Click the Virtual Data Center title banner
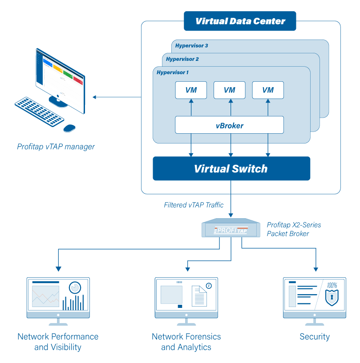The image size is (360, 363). click(x=240, y=21)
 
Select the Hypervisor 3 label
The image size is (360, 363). click(x=191, y=46)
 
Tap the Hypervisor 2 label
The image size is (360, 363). click(x=182, y=59)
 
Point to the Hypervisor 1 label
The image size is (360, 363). click(x=173, y=72)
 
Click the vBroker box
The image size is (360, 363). click(x=229, y=125)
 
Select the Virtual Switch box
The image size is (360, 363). click(x=231, y=169)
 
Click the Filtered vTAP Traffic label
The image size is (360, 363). click(x=194, y=205)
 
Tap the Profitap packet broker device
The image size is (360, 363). click(x=231, y=228)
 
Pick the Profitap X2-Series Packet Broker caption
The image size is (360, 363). click(x=294, y=229)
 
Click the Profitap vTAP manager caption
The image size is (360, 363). click(x=56, y=146)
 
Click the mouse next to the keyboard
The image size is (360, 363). click(x=69, y=128)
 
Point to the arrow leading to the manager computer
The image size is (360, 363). click(x=116, y=97)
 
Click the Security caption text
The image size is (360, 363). click(x=315, y=336)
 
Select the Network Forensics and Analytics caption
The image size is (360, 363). click(x=186, y=342)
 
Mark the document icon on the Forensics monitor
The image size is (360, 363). click(x=199, y=295)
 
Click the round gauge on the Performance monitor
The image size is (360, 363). click(x=76, y=287)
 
